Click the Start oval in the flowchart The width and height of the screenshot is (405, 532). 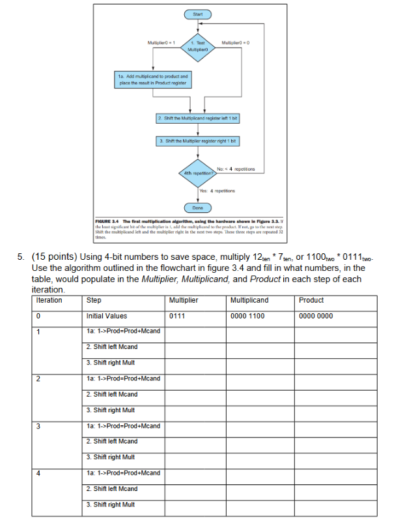[x=197, y=12]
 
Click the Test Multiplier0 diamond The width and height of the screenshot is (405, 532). [x=197, y=46]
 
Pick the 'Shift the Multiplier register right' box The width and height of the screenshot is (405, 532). [x=197, y=141]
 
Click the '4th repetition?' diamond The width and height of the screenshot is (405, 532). [x=197, y=172]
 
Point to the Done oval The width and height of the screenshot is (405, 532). [x=197, y=208]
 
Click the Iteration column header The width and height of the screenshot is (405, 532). [x=49, y=300]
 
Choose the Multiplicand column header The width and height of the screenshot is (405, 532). [x=249, y=300]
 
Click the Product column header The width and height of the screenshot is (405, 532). [x=311, y=300]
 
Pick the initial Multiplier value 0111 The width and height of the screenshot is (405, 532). [x=177, y=316]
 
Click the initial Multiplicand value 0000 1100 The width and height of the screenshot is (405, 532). [x=247, y=316]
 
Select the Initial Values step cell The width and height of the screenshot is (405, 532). [x=107, y=316]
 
